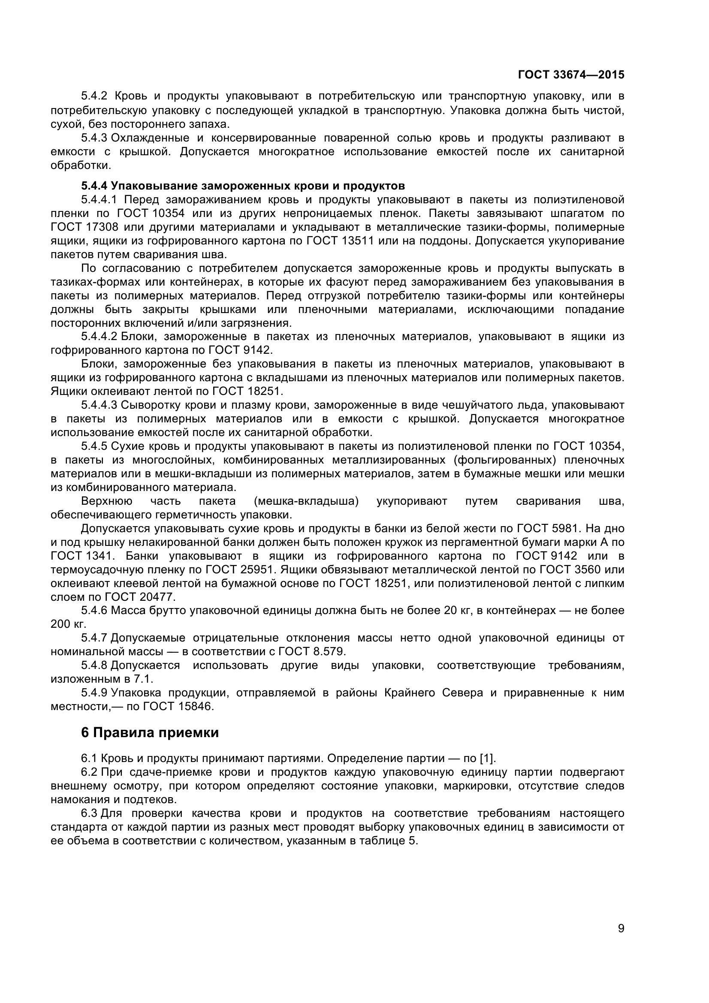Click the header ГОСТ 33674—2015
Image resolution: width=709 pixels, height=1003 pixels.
[571, 75]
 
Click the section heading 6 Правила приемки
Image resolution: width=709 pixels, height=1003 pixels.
[150, 732]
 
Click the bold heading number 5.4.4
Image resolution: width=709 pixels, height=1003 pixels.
[94, 186]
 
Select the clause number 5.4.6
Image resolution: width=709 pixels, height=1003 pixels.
[94, 611]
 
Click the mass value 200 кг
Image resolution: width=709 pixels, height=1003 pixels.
[69, 624]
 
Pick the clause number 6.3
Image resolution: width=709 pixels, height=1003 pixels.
[89, 813]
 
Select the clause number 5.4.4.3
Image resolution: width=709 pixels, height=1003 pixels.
[99, 405]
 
